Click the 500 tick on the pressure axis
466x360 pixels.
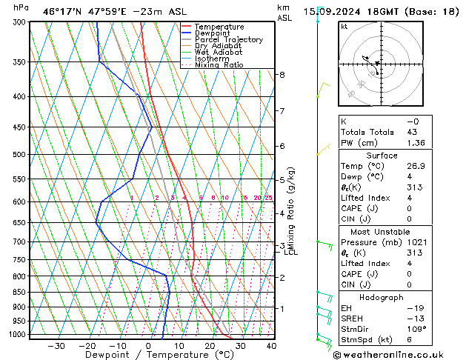point(19,155)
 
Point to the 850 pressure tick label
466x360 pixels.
point(19,292)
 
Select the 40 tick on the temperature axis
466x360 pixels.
point(271,345)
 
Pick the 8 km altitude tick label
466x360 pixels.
point(282,75)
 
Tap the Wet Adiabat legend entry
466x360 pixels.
point(218,53)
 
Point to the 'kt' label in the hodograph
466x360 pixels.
point(344,27)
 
